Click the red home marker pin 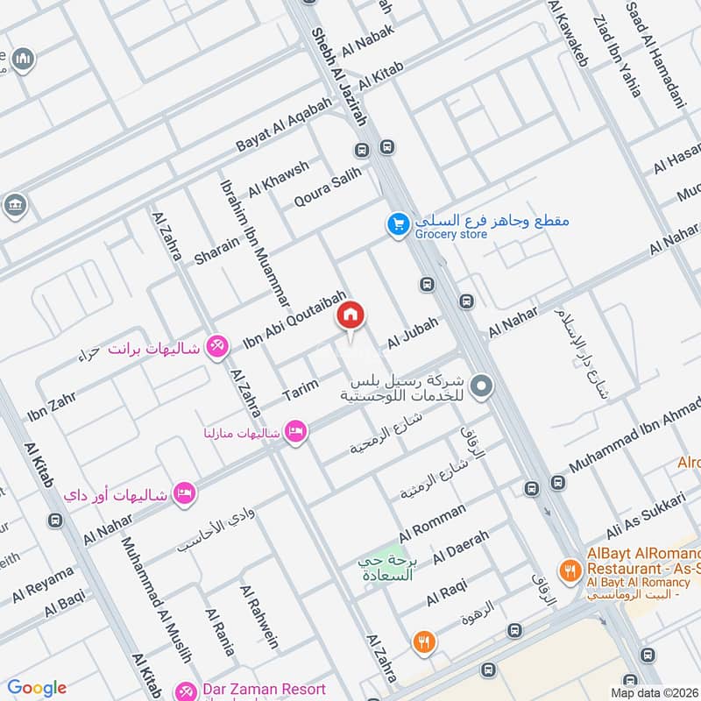(x=351, y=315)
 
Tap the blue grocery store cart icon (x=399, y=225)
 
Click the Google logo (x=36, y=688)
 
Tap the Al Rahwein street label (x=259, y=615)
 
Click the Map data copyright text (x=655, y=692)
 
